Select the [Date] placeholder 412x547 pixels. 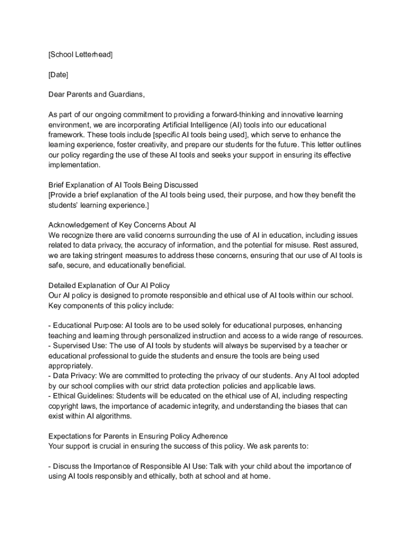click(x=58, y=74)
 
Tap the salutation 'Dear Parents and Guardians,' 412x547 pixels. click(x=96, y=95)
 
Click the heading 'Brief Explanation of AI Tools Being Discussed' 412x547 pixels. click(x=123, y=185)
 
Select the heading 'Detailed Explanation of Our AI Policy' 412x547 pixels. click(x=109, y=285)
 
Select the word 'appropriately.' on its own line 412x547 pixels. click(x=70, y=366)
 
